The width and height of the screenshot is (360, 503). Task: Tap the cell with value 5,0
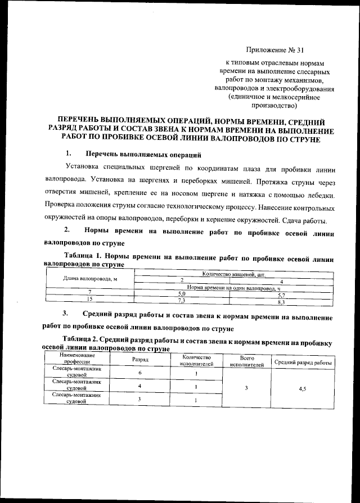(182, 294)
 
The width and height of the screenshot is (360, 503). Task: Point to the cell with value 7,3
(182, 301)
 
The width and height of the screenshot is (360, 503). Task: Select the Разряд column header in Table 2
(139, 359)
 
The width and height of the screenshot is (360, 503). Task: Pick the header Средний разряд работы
(303, 362)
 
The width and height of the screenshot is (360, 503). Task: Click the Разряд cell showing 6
(139, 373)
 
